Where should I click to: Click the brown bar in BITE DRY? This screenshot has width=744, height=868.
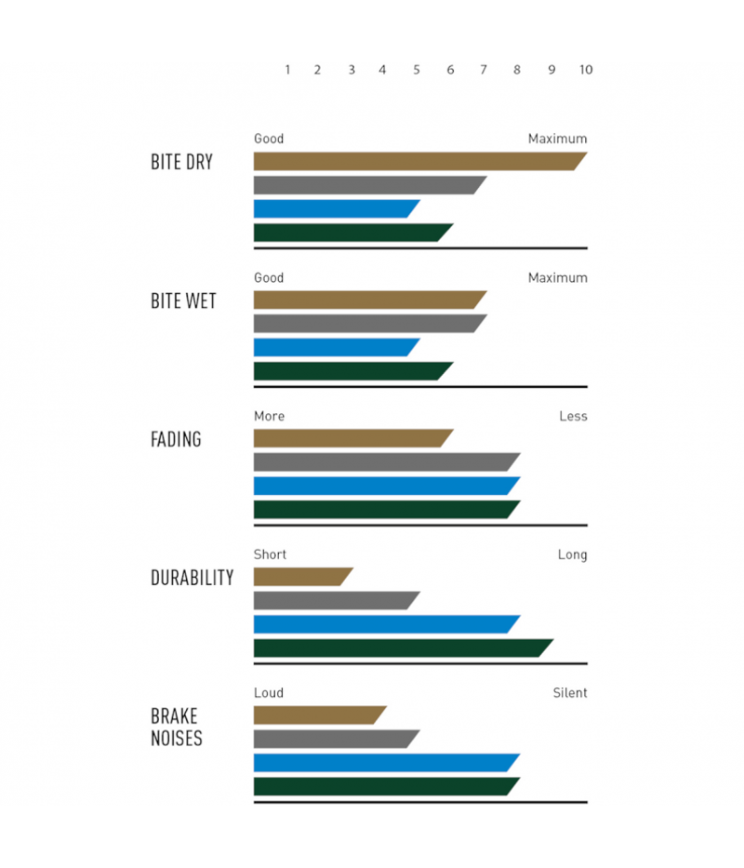tap(418, 161)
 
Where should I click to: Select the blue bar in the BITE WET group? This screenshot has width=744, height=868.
tap(335, 347)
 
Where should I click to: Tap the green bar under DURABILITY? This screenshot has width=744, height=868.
tap(400, 648)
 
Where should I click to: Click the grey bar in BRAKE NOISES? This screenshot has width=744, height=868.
tap(335, 739)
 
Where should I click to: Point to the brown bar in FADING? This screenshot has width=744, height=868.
tap(352, 438)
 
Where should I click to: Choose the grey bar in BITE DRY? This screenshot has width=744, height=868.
tap(368, 185)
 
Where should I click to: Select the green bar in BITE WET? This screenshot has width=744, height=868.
tap(352, 371)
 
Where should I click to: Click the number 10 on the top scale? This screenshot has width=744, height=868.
tap(585, 70)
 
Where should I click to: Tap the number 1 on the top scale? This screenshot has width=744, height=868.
tap(287, 70)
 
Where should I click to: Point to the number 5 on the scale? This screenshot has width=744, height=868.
tap(416, 70)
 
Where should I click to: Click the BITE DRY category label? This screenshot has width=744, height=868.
tap(181, 162)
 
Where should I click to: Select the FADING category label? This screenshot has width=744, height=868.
tap(176, 439)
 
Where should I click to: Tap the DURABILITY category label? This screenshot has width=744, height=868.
tap(192, 578)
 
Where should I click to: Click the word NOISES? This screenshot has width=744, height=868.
tap(177, 740)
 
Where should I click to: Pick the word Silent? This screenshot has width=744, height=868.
tap(570, 693)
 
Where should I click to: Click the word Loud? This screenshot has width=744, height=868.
tap(269, 693)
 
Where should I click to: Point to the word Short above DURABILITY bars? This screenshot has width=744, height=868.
tap(270, 554)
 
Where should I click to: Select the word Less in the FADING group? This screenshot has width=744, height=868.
tap(573, 416)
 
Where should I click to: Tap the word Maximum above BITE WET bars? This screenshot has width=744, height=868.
tap(558, 277)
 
